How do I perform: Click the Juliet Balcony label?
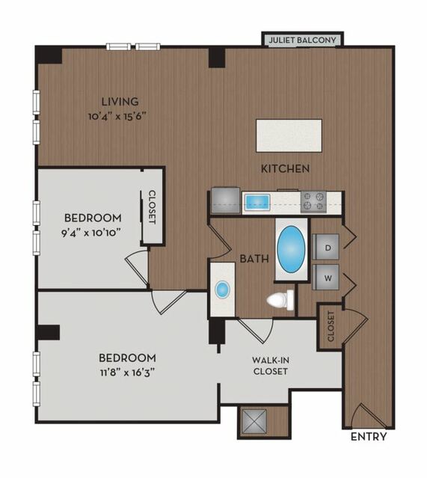pyautogui.click(x=302, y=40)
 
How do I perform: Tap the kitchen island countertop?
pyautogui.click(x=289, y=135)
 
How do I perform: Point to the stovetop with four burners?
pyautogui.click(x=313, y=201)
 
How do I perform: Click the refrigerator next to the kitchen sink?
pyautogui.click(x=226, y=200)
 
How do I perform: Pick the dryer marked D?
pyautogui.click(x=326, y=247)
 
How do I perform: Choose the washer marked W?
pyautogui.click(x=326, y=277)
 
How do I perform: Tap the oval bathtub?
pyautogui.click(x=291, y=250)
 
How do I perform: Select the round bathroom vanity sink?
pyautogui.click(x=223, y=289)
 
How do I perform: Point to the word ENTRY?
pyautogui.click(x=369, y=437)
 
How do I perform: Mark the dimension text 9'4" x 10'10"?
pyautogui.click(x=89, y=233)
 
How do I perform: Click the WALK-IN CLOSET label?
pyautogui.click(x=271, y=366)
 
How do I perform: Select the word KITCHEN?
pyautogui.click(x=285, y=168)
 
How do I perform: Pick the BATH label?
pyautogui.click(x=254, y=259)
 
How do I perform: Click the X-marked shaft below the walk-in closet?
pyautogui.click(x=254, y=421)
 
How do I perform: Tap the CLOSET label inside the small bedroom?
pyautogui.click(x=152, y=207)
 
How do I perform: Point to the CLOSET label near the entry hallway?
pyautogui.click(x=331, y=326)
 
